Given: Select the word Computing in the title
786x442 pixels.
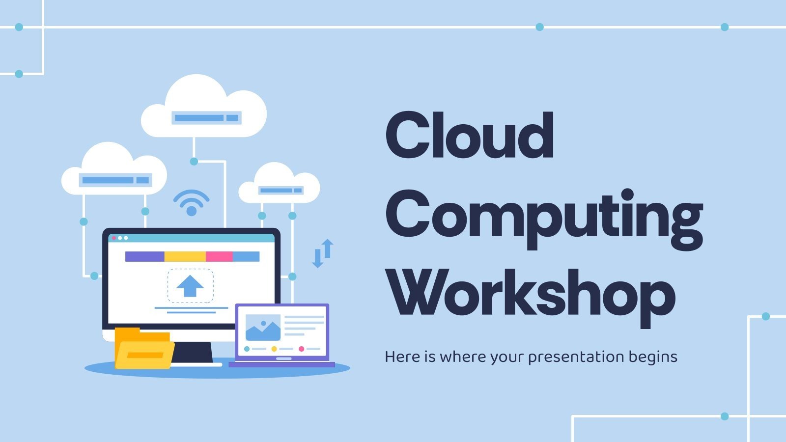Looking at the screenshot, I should [544, 216].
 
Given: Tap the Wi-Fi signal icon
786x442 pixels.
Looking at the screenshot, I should [192, 202].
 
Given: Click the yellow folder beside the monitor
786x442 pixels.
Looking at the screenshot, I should [143, 349].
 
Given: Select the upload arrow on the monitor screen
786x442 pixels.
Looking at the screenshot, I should [190, 285].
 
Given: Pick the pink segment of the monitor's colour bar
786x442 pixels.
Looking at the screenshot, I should [219, 256].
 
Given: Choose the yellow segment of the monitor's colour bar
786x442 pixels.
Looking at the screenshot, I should [185, 256].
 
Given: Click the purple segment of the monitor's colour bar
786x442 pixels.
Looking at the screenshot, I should [144, 256].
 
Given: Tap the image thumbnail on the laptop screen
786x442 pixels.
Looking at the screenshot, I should [263, 327].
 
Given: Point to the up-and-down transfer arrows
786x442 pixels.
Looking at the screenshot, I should [323, 253].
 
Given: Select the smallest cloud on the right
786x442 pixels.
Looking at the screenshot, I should [279, 184].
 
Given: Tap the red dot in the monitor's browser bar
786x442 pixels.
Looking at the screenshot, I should [114, 238].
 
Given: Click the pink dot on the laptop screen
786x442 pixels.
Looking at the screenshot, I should [302, 349].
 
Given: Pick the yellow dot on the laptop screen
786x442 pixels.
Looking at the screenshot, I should [274, 349].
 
